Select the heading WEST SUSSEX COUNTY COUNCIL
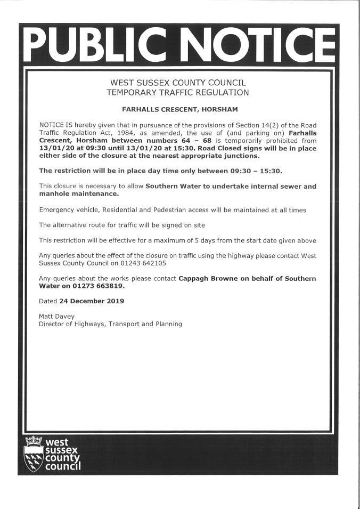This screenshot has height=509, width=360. pos(177,83)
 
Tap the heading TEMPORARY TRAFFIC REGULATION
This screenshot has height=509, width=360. pos(177,93)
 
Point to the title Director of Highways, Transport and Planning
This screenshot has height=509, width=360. pos(110,324)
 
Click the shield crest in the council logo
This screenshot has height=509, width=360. pos(34,454)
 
